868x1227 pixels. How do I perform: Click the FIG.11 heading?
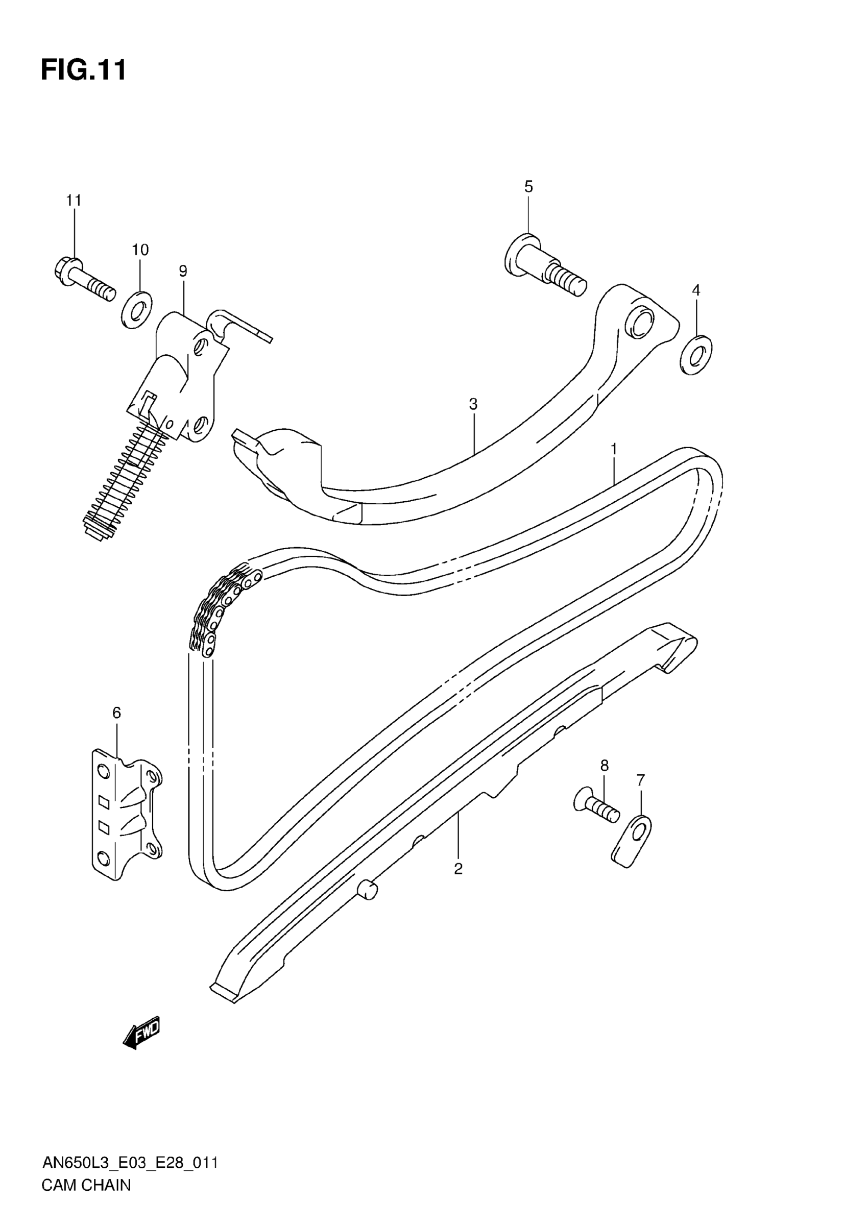84,70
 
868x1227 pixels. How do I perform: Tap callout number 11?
74,201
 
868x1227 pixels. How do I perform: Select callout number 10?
140,250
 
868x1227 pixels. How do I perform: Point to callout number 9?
183,271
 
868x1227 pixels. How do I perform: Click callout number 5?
528,186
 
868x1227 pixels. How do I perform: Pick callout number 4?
695,290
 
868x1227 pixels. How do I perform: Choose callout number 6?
116,713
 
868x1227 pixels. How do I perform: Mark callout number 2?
458,869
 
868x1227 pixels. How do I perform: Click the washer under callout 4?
696,355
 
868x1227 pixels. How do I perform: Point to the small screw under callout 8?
596,808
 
